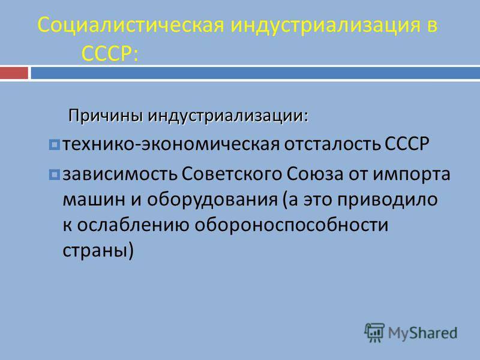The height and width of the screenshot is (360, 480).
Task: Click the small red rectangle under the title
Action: point(14,74)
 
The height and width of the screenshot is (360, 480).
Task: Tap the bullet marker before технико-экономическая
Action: point(55,145)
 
